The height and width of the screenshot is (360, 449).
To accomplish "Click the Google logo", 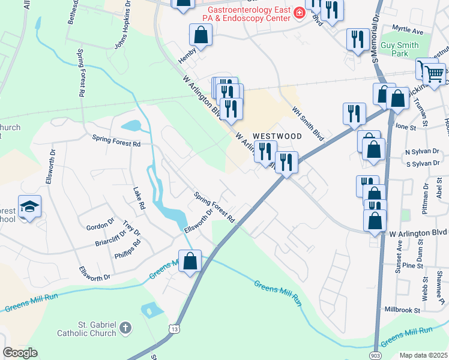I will point(20,353).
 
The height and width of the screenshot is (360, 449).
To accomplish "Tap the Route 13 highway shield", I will point(174,329).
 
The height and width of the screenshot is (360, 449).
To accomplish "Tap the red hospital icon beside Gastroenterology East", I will point(299,13).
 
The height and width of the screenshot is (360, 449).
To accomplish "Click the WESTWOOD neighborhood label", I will point(276,137).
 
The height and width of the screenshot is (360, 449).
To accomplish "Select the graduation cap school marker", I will point(29,206).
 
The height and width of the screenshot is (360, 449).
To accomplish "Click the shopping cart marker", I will point(434,74).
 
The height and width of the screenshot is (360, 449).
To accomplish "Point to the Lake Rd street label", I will point(139,197).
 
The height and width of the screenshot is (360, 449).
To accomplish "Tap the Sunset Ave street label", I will point(399,257).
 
